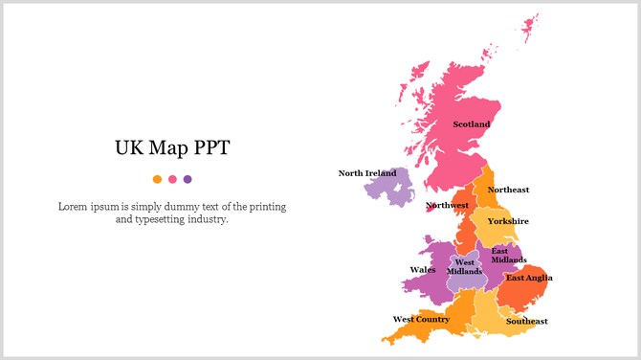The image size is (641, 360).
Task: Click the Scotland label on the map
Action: tap(471, 124)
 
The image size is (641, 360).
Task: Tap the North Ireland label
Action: tap(366, 173)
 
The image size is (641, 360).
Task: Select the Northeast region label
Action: tap(508, 190)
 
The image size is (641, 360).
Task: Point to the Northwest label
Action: tap(447, 205)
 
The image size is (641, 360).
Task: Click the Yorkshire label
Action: tap(508, 221)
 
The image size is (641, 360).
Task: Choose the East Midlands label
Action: tap(508, 256)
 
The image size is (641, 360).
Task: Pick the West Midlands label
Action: tap(464, 266)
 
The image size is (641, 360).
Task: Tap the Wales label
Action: tap(422, 270)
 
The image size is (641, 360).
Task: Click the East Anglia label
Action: tap(529, 279)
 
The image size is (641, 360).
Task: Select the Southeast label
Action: tap(526, 321)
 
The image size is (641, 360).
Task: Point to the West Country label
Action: tap(421, 319)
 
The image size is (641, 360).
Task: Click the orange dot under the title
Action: tap(157, 179)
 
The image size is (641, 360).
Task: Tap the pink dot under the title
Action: tap(172, 179)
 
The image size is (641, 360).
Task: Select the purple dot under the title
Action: tap(188, 179)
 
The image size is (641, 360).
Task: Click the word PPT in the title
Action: tap(210, 148)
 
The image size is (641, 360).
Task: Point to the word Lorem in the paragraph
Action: tap(75, 206)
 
